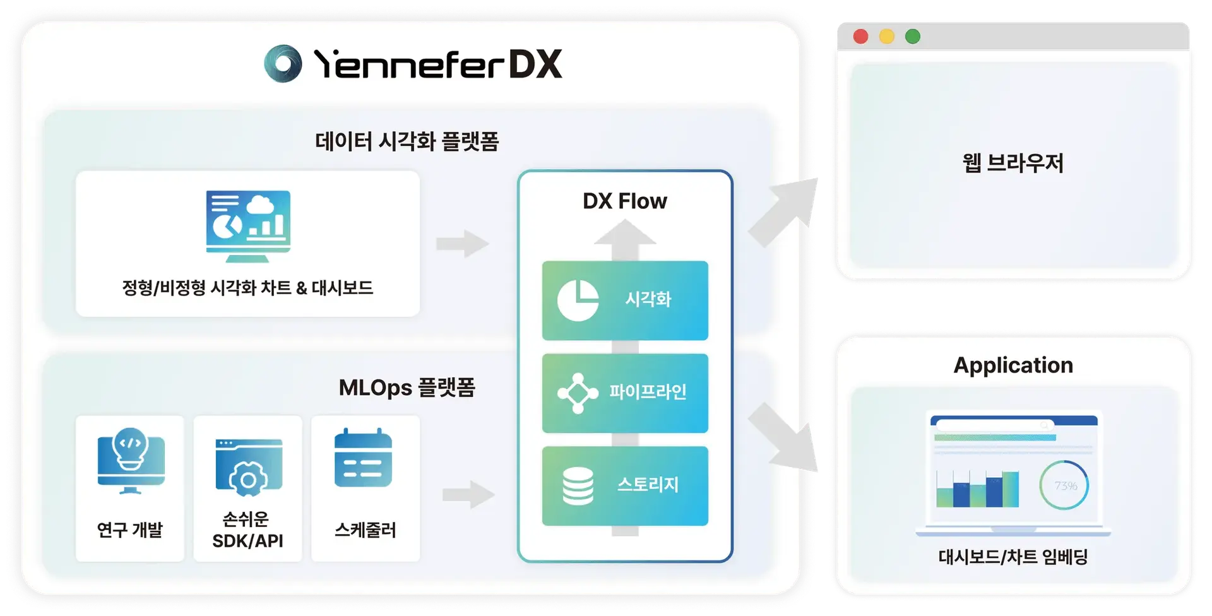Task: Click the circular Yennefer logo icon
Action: tap(283, 64)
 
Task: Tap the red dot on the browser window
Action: tap(860, 37)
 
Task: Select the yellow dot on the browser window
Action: tap(886, 37)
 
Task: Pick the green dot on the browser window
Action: tap(912, 37)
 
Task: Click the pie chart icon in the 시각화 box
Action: tap(578, 300)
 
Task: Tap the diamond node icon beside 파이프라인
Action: tap(578, 393)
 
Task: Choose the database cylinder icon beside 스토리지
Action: tap(578, 486)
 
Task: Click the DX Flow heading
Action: tap(624, 201)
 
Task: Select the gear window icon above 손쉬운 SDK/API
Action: tap(248, 467)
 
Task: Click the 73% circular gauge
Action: tap(1064, 485)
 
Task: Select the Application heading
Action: tap(1013, 365)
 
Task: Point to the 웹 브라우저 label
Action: tap(1013, 163)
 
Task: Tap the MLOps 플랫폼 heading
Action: tap(407, 388)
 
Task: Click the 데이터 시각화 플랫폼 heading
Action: tap(407, 141)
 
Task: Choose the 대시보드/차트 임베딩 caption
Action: tap(1013, 557)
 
